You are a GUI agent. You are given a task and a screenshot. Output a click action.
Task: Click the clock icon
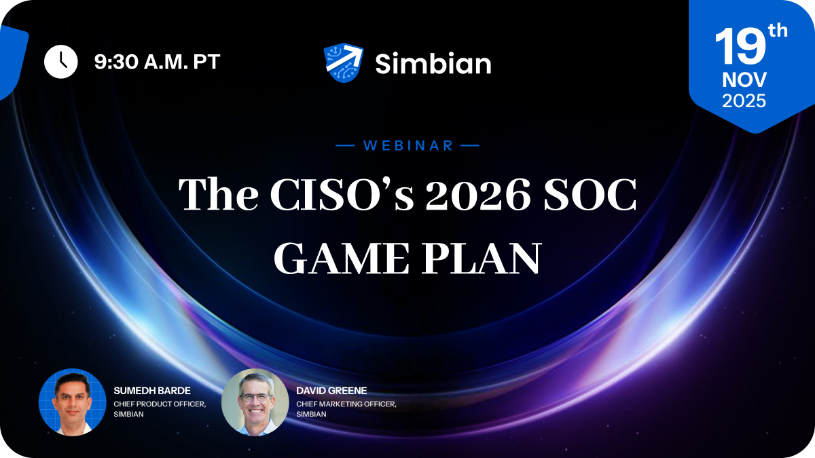61,62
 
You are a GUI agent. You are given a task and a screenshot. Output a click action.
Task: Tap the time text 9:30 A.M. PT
157,62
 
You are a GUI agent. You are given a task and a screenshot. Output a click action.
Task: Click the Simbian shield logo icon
344,63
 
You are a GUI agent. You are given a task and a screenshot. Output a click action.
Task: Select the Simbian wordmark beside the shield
433,64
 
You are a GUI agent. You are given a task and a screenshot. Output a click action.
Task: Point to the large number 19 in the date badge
739,47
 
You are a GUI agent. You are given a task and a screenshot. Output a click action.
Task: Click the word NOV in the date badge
744,80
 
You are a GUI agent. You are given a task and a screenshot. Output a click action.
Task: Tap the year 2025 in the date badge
744,101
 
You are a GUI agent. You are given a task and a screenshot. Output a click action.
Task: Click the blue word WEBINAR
408,145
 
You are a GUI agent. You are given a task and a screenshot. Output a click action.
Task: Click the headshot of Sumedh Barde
72,402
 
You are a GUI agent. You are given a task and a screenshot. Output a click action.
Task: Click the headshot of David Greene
255,402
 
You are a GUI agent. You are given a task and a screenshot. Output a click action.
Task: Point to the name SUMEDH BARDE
151,391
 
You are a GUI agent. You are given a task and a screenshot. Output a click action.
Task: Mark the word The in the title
217,195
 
